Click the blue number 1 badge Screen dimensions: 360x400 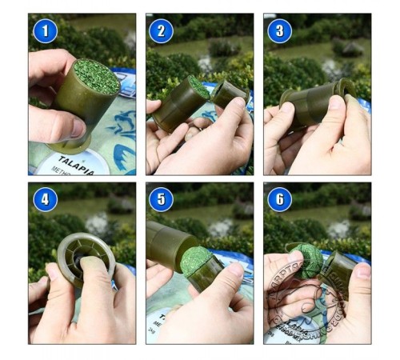point(45,31)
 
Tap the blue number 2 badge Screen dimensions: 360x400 point(162,31)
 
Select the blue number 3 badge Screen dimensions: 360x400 point(279,31)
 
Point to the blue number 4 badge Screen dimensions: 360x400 point(45,198)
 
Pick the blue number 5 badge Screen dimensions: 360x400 point(162,198)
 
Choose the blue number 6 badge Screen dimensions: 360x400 point(279,198)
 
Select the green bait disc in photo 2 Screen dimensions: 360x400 point(198,87)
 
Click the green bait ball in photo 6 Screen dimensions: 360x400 point(307,261)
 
